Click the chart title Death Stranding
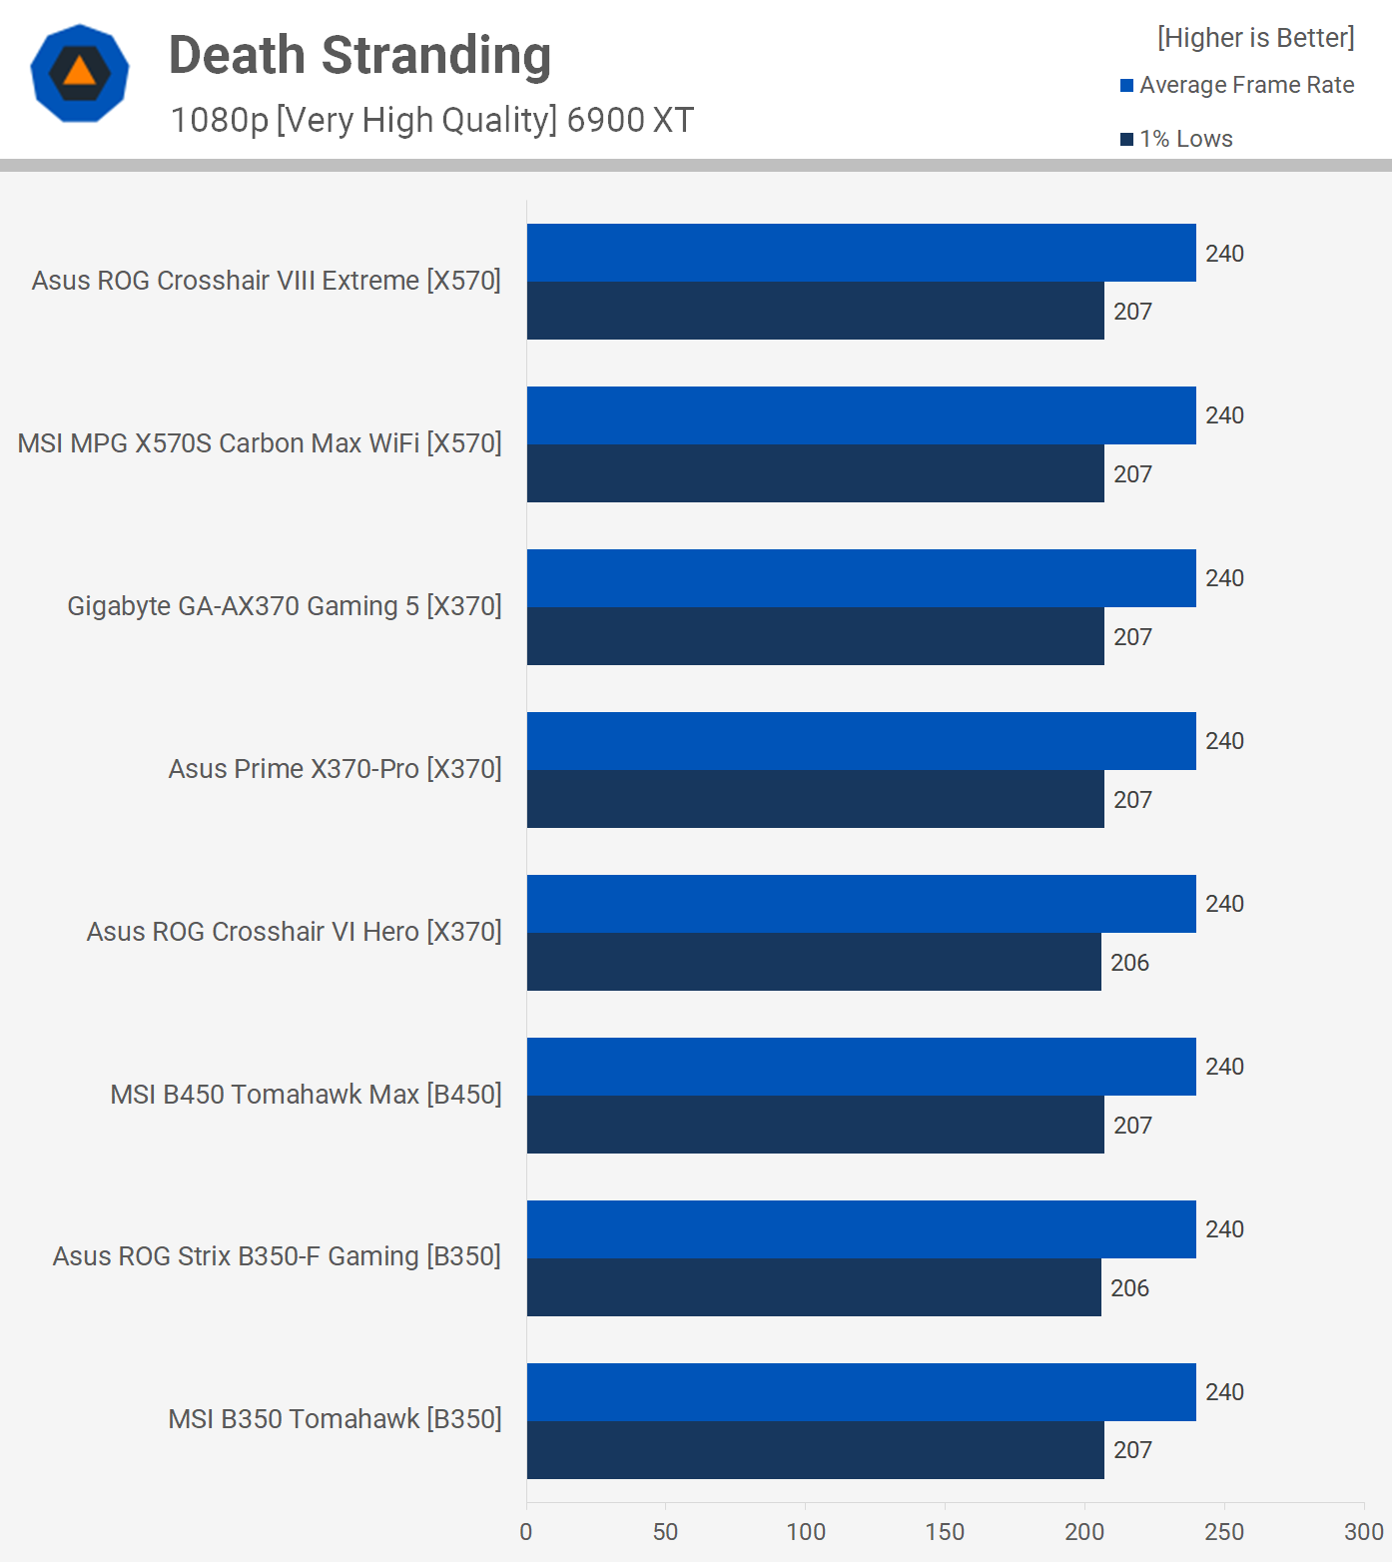point(359,56)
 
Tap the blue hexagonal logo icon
point(80,73)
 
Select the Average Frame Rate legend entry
point(1237,85)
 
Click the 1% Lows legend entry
point(1177,139)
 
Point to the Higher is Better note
point(1255,38)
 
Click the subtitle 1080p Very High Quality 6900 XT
point(431,120)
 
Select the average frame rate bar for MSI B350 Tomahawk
point(861,1391)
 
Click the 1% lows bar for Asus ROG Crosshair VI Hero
point(814,962)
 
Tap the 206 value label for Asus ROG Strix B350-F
point(1129,1288)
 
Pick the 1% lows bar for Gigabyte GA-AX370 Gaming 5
point(815,636)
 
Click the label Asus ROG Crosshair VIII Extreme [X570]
point(267,281)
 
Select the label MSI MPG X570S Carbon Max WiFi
point(260,443)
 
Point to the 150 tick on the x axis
point(945,1532)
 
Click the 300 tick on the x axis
point(1363,1532)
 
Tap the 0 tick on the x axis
point(526,1532)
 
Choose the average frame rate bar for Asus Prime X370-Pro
point(861,741)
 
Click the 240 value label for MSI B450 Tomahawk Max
point(1224,1067)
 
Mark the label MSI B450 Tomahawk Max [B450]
point(306,1095)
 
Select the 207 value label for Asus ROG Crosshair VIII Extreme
point(1132,312)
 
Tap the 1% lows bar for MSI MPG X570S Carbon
point(815,473)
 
